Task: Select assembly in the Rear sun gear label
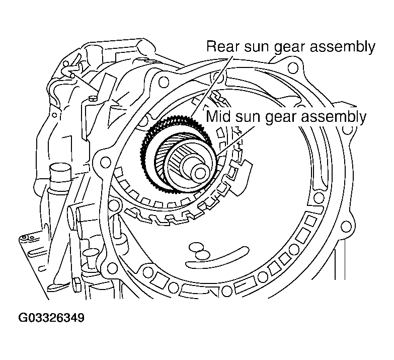(343, 47)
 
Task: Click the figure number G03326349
(51, 318)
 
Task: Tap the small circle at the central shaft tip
(200, 173)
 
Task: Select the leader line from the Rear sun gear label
(210, 87)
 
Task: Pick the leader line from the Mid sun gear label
(235, 141)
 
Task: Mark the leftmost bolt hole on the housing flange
(106, 162)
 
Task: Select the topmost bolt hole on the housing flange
(292, 67)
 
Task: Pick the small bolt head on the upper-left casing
(93, 98)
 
